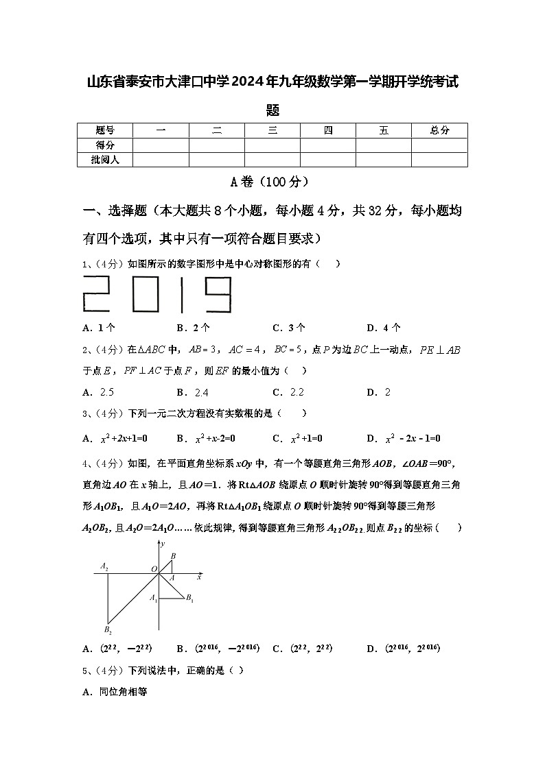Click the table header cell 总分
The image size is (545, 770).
coord(439,130)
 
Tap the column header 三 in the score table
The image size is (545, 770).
coord(272,130)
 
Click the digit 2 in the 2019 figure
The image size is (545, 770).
coord(103,294)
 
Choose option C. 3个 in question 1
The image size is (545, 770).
coord(289,328)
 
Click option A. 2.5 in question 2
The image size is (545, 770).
coord(97,392)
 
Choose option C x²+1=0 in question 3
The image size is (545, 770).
coord(297,438)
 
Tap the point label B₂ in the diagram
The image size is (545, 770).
coord(108,629)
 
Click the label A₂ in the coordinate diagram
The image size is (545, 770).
coord(104,566)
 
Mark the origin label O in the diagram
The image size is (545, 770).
coord(154,569)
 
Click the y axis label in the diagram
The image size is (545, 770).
coord(163,544)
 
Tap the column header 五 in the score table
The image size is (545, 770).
coord(383,130)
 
